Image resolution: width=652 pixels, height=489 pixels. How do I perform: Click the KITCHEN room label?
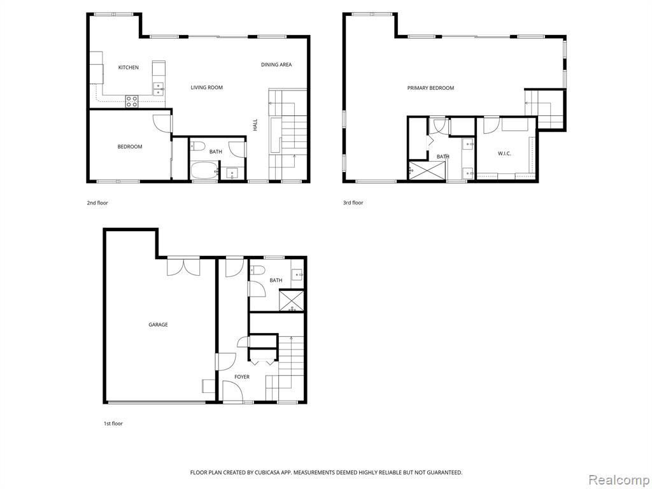129,67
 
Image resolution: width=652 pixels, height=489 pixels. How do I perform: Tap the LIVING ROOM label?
207,87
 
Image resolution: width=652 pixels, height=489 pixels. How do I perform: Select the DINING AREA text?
276,64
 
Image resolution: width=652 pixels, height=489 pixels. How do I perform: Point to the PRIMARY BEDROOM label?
430,88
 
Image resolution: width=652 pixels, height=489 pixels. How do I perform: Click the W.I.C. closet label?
504,153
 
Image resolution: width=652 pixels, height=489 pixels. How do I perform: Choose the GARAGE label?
158,324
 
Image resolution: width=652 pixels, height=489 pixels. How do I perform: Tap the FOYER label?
241,377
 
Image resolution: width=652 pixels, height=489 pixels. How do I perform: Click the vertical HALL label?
255,125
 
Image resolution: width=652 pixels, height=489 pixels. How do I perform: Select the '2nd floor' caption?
97,203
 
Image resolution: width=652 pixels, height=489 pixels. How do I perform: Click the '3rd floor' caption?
353,202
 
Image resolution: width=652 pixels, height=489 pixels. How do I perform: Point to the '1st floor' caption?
113,423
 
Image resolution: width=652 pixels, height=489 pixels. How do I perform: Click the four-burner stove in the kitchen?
132,101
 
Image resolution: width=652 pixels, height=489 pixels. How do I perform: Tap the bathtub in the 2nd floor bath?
204,171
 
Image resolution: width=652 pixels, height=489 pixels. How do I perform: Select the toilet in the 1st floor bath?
257,270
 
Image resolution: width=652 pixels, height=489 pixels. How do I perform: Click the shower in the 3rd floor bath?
427,171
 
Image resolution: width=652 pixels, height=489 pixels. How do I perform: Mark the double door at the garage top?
183,266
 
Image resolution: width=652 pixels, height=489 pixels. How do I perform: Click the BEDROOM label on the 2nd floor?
130,146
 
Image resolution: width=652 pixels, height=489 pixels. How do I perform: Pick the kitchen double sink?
159,89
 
